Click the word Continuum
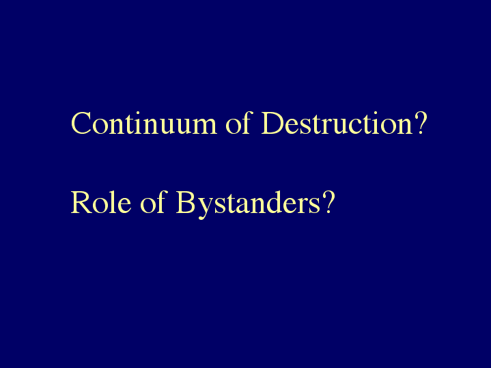[x=144, y=123]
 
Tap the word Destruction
[x=337, y=123]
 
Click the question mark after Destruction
[x=420, y=123]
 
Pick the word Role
[x=101, y=202]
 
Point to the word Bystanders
[x=248, y=205]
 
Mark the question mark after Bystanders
[x=328, y=202]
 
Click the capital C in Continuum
[x=81, y=123]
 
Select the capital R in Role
[x=81, y=202]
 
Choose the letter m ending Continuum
[x=204, y=127]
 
